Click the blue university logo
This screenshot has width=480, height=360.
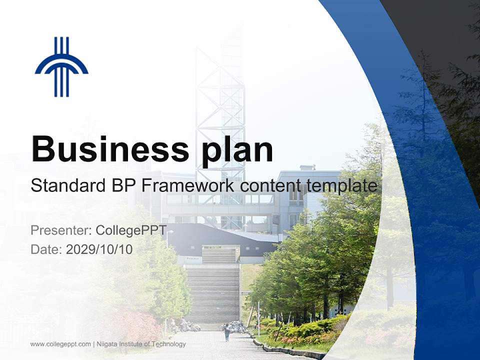61,67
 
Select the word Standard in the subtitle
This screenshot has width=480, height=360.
66,186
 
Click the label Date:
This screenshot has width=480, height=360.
46,249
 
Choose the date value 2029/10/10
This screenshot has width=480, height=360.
99,249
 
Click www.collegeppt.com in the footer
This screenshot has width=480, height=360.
60,344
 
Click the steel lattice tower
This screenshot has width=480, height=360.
220,115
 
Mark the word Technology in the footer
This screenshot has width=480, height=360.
171,344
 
